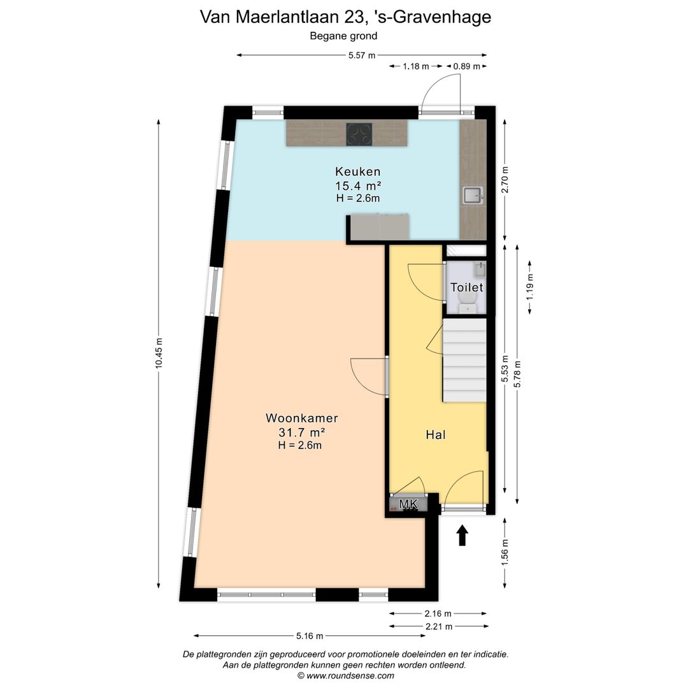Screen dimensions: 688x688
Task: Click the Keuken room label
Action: click(x=357, y=171)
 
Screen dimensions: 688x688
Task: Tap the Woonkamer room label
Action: click(x=301, y=419)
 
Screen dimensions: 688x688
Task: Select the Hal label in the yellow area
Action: click(x=435, y=435)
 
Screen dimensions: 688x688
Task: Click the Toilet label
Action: click(x=466, y=287)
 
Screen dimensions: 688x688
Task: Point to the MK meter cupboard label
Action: click(x=408, y=505)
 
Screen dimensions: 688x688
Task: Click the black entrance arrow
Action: click(x=462, y=535)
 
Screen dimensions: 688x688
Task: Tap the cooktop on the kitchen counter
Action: click(x=359, y=134)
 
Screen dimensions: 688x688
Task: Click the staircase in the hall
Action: click(x=464, y=361)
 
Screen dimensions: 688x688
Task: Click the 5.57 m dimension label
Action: click(x=361, y=55)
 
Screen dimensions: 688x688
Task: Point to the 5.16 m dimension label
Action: click(x=309, y=636)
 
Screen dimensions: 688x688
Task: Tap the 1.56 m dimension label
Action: click(x=505, y=552)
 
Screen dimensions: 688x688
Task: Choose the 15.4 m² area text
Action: click(x=357, y=185)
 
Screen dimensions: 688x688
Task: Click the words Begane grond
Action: click(x=343, y=36)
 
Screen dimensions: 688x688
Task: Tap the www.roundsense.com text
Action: click(x=350, y=675)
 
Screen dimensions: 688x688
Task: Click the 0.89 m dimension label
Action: click(x=466, y=66)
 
